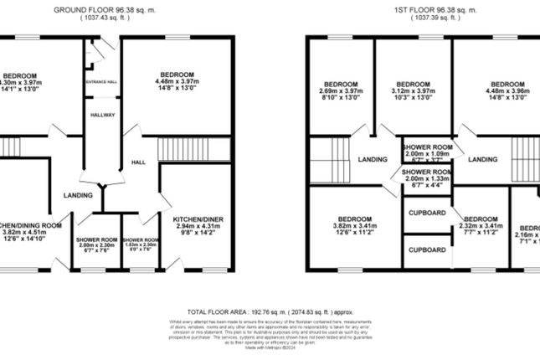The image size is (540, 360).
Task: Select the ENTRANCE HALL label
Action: pos(102,81)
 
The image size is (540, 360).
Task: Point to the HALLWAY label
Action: pos(102,115)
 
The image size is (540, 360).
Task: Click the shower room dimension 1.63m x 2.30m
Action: pos(139,244)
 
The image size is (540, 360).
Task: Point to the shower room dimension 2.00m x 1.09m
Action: pos(428,154)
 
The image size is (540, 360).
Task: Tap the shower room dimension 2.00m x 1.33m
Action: pos(428,178)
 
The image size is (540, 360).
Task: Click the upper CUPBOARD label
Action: pos(427,213)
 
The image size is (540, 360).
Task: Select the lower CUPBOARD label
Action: pos(427,250)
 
